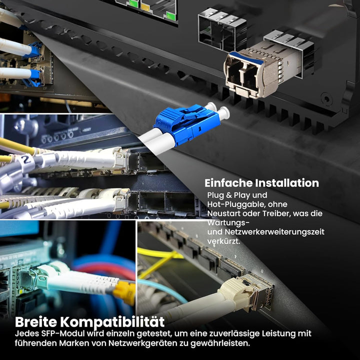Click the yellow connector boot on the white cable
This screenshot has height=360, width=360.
125,293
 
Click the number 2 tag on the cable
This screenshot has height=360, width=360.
24,161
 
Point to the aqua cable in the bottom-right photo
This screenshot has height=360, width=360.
160,287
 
